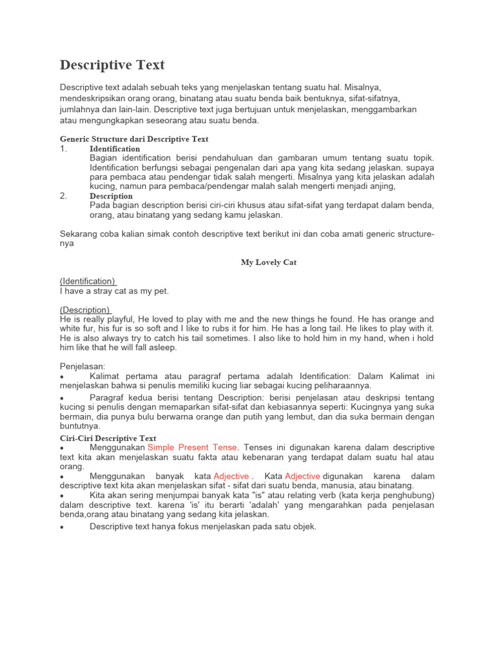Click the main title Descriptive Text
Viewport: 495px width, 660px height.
pyautogui.click(x=112, y=65)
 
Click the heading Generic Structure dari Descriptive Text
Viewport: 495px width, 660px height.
pyautogui.click(x=134, y=139)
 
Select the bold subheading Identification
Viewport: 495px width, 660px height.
pyautogui.click(x=115, y=149)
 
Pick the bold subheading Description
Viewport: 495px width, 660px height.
pyautogui.click(x=111, y=196)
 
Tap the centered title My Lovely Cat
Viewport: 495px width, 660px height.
pyautogui.click(x=269, y=262)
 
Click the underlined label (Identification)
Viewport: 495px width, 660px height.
pyautogui.click(x=88, y=281)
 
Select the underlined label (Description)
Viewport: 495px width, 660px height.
pyautogui.click(x=85, y=309)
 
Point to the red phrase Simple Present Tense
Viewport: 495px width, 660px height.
pyautogui.click(x=192, y=447)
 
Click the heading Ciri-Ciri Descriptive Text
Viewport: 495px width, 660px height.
pyautogui.click(x=108, y=438)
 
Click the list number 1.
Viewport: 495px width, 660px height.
pyautogui.click(x=63, y=149)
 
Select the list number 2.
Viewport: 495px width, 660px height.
pyautogui.click(x=63, y=196)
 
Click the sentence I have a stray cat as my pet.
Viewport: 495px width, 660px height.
pyautogui.click(x=114, y=291)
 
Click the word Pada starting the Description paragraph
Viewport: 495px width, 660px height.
pyautogui.click(x=100, y=205)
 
